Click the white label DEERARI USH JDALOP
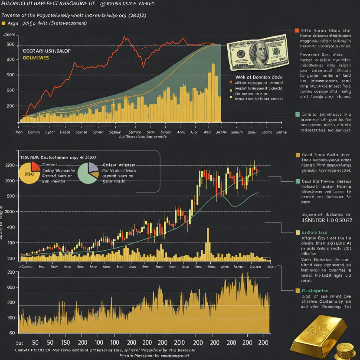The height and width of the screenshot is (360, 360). tap(46, 51)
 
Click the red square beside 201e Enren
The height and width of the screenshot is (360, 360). tap(297, 31)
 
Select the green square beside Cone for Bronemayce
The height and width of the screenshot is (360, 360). tap(297, 114)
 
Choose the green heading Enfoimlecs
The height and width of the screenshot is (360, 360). tap(318, 232)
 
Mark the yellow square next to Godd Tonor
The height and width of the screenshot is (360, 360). tap(298, 155)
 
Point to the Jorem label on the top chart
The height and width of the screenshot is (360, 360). tap(9, 34)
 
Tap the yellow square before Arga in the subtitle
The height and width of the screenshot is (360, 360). tap(4, 23)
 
